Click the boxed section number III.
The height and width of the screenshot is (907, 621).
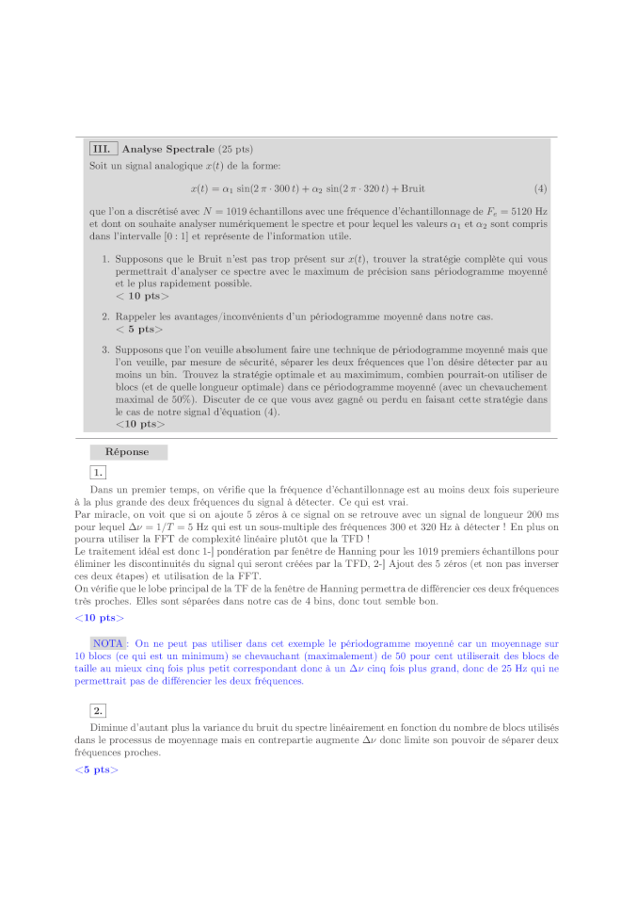103,149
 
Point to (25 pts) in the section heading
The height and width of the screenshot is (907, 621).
235,149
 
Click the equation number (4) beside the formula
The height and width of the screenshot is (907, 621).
540,188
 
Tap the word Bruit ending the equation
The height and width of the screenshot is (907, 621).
412,188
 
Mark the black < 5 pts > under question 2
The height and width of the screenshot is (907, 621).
139,330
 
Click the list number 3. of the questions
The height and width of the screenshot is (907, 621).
105,349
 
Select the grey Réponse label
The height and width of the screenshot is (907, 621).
127,452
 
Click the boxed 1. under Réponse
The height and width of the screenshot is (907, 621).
99,472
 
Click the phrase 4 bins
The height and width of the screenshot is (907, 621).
374,600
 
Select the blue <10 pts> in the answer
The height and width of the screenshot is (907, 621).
99,618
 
